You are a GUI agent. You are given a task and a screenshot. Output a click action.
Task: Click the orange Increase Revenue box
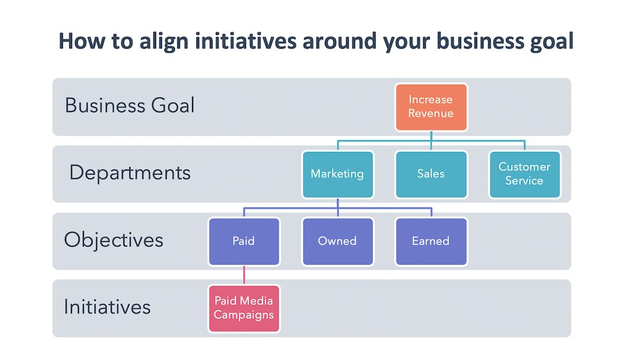click(x=431, y=107)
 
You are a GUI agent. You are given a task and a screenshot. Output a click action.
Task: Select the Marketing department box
click(x=337, y=174)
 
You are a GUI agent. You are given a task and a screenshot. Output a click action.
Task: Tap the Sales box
click(x=431, y=174)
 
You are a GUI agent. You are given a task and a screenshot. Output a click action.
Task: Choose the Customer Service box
click(x=524, y=174)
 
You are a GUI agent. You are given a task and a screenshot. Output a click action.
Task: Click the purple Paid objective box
click(x=243, y=241)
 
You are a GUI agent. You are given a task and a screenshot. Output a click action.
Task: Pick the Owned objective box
click(x=337, y=241)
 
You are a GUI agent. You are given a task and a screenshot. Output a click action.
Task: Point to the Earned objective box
click(x=431, y=241)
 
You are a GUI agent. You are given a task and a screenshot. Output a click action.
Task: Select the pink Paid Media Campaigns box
click(x=243, y=308)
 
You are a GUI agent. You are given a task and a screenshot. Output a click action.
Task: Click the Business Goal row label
click(x=129, y=105)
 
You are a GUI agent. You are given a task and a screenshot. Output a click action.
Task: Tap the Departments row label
click(x=130, y=173)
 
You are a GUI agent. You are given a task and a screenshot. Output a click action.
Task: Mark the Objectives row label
click(x=114, y=240)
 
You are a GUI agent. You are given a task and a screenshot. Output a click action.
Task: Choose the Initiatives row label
click(x=107, y=307)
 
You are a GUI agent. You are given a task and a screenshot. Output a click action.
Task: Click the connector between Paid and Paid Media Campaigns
click(x=243, y=275)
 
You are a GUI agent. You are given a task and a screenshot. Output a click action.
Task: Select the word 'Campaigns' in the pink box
click(x=243, y=315)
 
